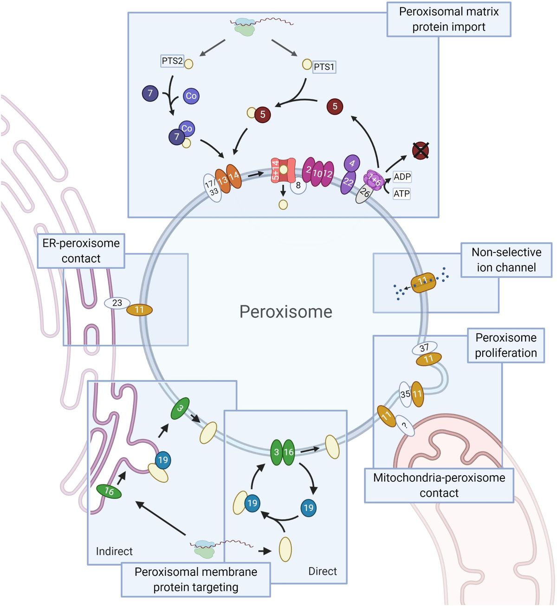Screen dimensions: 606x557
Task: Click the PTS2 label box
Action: (x=172, y=61)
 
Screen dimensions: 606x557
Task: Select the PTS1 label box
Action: (x=324, y=67)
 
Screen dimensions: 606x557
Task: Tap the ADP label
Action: (x=402, y=177)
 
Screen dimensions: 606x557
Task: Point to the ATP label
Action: (x=402, y=193)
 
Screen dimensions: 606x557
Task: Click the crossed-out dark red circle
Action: (x=421, y=150)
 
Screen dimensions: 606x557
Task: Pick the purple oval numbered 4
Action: (x=352, y=163)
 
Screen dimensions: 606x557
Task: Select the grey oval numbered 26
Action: (x=364, y=193)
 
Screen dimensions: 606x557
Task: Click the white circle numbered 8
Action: (x=298, y=186)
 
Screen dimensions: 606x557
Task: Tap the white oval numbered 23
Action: (x=117, y=303)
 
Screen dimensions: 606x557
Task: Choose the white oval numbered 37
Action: (x=424, y=348)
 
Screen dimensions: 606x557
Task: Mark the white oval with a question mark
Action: (x=405, y=425)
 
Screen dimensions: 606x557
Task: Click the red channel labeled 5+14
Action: (x=283, y=170)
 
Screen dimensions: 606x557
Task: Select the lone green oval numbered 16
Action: (x=109, y=491)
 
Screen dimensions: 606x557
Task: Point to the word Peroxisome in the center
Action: (x=285, y=312)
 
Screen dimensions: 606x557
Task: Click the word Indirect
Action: (x=114, y=551)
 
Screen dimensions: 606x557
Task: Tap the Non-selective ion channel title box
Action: (x=506, y=260)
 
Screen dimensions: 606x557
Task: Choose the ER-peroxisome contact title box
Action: (x=81, y=251)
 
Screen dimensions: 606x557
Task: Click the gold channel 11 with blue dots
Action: (x=423, y=282)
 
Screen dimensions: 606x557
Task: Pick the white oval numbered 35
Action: (x=405, y=394)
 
